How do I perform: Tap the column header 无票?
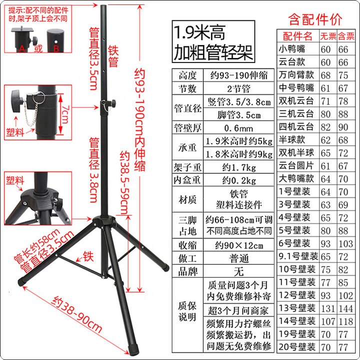coord(328,36)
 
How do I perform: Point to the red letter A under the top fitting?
coord(22,48)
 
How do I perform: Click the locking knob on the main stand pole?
coord(112,103)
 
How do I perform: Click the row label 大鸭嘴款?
coord(297,178)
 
